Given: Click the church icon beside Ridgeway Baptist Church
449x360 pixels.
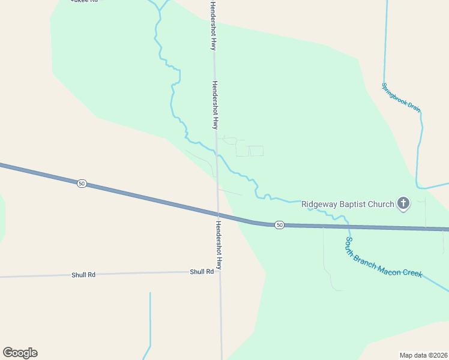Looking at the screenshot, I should tap(403, 203).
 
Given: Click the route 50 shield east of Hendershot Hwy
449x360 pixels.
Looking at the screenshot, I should tap(279, 224).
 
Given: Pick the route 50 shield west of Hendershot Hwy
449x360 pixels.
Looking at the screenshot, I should tap(82, 183).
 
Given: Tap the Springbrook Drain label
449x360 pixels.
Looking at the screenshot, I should tap(401, 97).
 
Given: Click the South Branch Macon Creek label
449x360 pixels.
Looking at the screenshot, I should tap(384, 257).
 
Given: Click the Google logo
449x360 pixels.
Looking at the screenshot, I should tap(20, 353).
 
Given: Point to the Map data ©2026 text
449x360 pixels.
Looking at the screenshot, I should tap(423, 355).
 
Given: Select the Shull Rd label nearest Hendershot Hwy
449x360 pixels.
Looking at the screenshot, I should tap(202, 272).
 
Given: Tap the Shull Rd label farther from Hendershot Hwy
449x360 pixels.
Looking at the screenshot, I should tap(83, 275).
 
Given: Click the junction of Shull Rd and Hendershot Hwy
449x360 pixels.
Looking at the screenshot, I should tap(220, 272).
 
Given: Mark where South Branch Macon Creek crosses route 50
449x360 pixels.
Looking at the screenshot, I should tap(348, 226).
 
